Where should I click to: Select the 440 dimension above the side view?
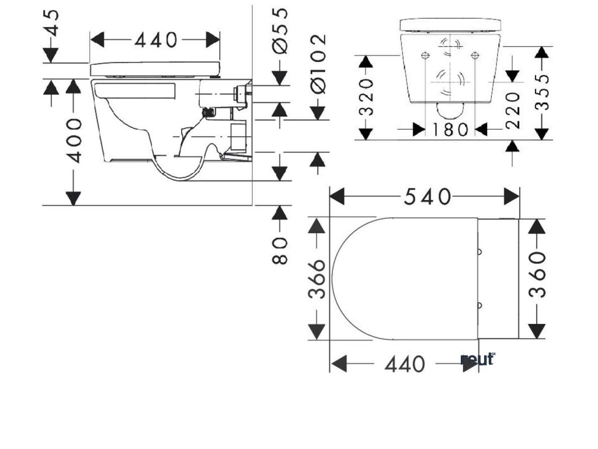155,40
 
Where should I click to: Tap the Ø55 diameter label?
281,31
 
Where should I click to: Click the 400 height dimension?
74,140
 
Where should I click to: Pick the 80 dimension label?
281,251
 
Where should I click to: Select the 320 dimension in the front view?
366,97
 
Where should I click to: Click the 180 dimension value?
451,129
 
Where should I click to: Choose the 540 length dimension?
427,197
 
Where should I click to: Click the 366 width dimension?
316,279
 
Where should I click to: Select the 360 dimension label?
537,275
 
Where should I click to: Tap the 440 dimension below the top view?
405,364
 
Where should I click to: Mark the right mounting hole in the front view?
474,56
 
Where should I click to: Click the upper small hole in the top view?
480,252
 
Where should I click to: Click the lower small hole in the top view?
480,305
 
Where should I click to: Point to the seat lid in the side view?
155,68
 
